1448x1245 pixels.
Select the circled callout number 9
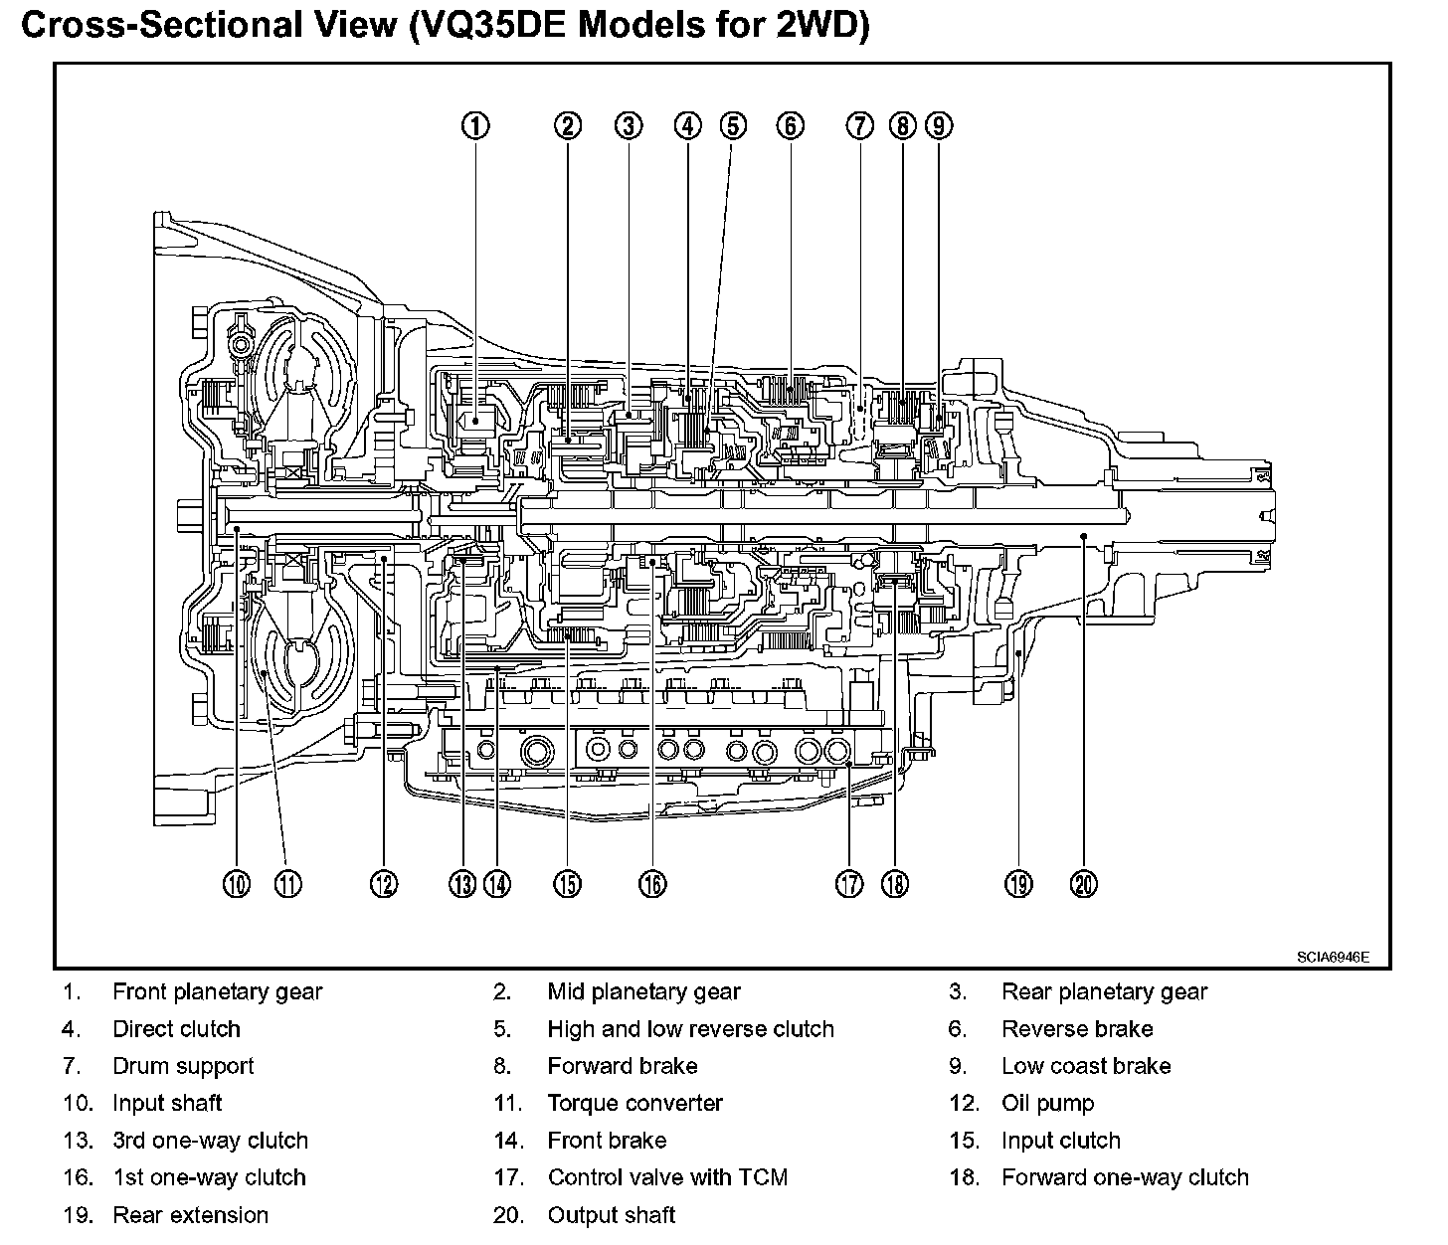(x=938, y=125)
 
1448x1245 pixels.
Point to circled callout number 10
(x=237, y=883)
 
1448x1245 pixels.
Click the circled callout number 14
(x=497, y=883)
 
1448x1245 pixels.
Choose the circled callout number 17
(x=849, y=883)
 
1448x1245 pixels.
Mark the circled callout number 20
(x=1084, y=883)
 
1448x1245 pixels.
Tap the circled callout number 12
(x=384, y=883)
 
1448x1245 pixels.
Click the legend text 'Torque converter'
(x=634, y=1103)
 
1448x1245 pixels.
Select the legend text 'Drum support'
(x=183, y=1066)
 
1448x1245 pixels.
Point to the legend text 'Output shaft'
(x=611, y=1214)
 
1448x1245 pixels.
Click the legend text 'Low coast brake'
(x=1086, y=1066)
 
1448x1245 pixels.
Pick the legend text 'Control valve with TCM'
(x=667, y=1177)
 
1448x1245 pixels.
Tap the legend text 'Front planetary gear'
(x=217, y=991)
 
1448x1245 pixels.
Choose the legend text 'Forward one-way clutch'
(x=1125, y=1177)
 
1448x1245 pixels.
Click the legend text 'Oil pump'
(x=1047, y=1103)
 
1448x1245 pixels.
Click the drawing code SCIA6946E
(x=1333, y=958)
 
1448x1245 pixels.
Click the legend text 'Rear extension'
(x=190, y=1214)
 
